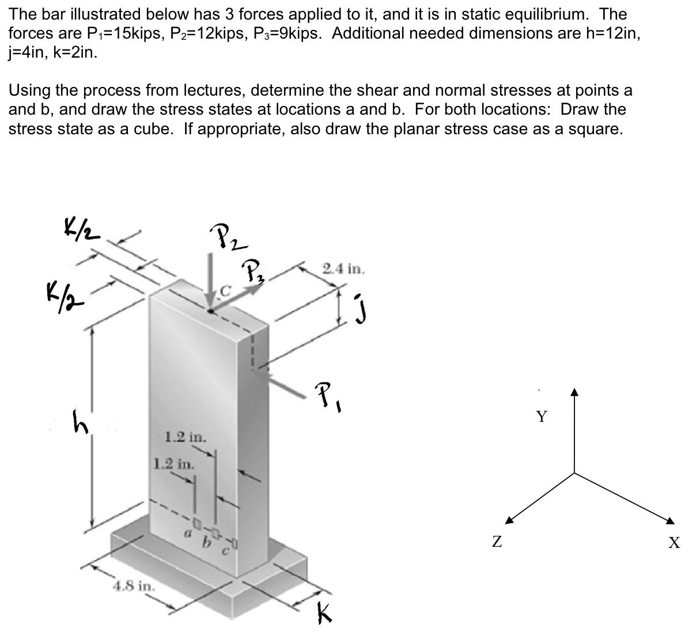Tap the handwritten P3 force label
[253, 270]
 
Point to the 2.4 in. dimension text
[344, 269]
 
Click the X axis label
[674, 542]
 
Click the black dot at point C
[211, 311]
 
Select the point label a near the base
[186, 535]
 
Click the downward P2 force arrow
[211, 282]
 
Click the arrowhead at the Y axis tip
[574, 393]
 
